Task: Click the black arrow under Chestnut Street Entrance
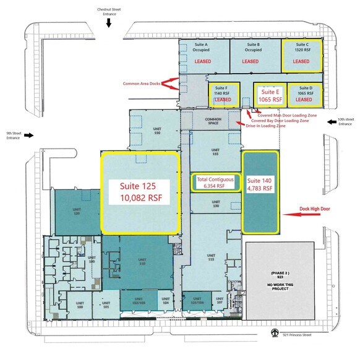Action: click(x=109, y=23)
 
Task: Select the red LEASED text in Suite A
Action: click(x=203, y=62)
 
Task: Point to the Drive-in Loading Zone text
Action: click(x=266, y=126)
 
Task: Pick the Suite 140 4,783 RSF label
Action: click(x=259, y=186)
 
